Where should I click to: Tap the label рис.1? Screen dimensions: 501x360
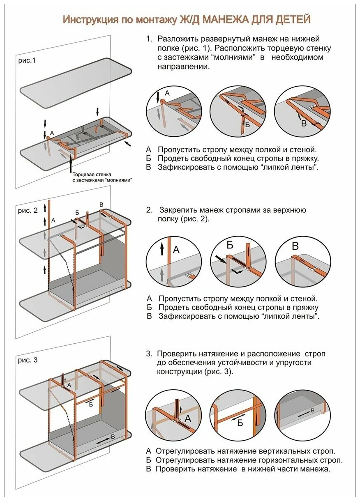pyautogui.click(x=27, y=60)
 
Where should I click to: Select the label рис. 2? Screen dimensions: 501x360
pyautogui.click(x=28, y=210)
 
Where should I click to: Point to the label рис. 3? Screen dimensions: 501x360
pyautogui.click(x=28, y=360)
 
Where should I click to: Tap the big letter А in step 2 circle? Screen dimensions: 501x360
pyautogui.click(x=176, y=249)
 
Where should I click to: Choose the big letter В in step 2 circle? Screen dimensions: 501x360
pyautogui.click(x=295, y=246)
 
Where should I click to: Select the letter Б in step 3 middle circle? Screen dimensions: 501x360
pyautogui.click(x=240, y=423)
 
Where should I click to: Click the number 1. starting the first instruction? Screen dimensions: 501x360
pyautogui.click(x=149, y=39)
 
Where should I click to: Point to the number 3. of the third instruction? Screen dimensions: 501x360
pyautogui.click(x=149, y=354)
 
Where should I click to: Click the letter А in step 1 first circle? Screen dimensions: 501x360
pyautogui.click(x=167, y=93)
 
